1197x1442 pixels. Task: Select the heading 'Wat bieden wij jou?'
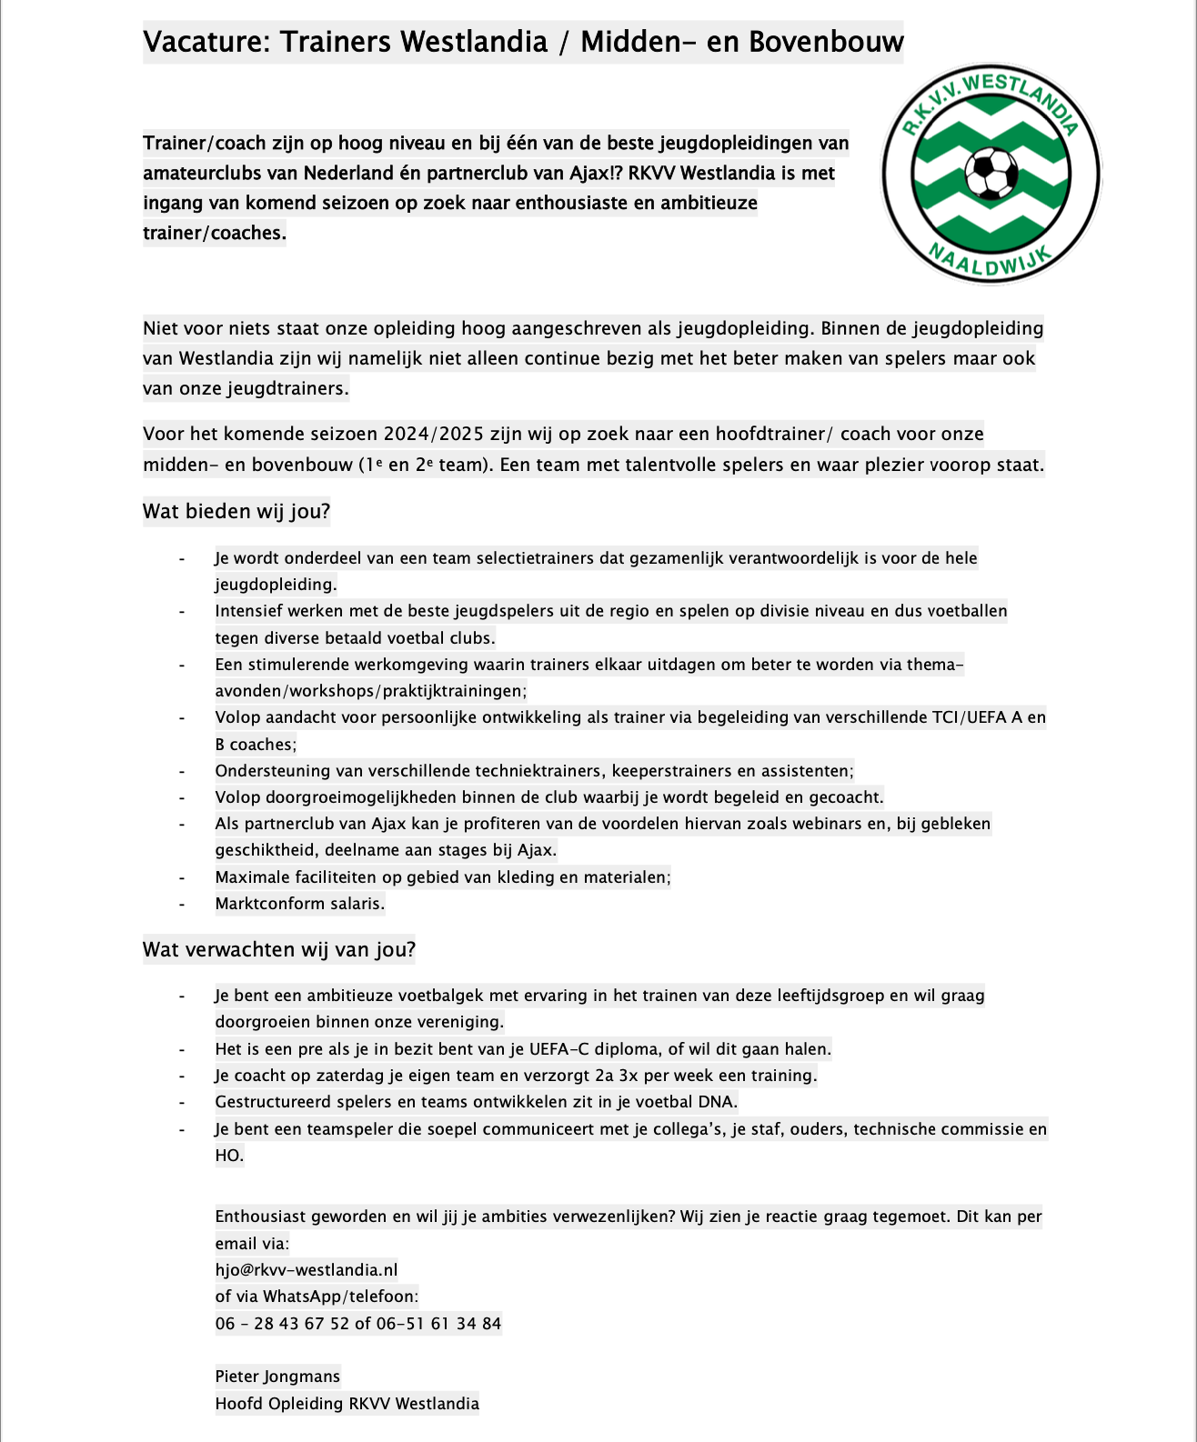click(236, 512)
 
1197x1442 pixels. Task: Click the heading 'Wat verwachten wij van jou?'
click(279, 950)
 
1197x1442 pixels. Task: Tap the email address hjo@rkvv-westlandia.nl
click(307, 1270)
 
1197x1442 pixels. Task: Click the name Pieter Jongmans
click(277, 1377)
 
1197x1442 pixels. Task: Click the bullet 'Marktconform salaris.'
click(300, 904)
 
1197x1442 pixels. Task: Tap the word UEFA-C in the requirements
click(559, 1049)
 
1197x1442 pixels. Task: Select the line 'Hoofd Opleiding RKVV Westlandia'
click(347, 1404)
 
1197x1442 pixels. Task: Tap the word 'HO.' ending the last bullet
click(229, 1156)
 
